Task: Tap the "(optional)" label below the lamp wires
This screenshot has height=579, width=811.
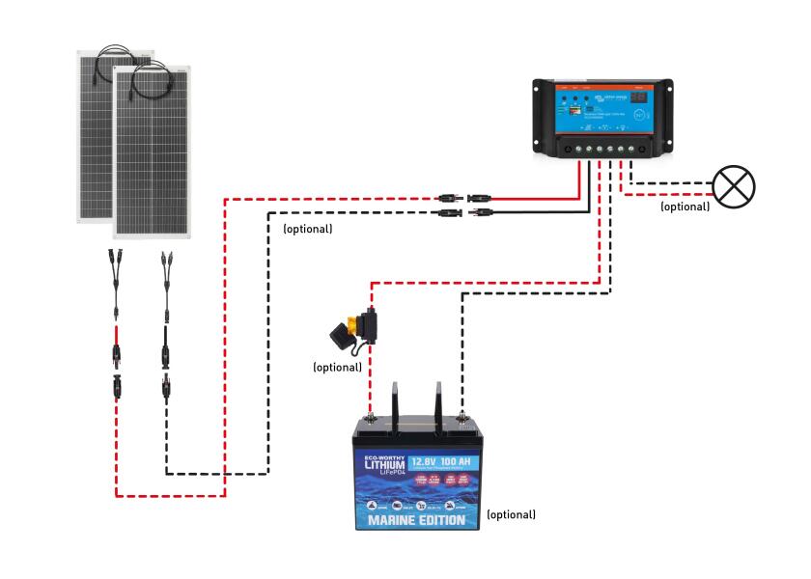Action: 685,207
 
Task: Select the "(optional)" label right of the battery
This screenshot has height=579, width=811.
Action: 511,514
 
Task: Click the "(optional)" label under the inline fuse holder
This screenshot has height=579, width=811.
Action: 337,367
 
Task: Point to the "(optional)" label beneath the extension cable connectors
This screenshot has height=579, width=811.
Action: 307,230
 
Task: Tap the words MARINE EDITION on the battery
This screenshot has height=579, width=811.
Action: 417,522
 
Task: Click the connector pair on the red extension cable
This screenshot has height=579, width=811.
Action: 462,197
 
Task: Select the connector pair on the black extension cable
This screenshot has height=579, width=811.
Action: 462,212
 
